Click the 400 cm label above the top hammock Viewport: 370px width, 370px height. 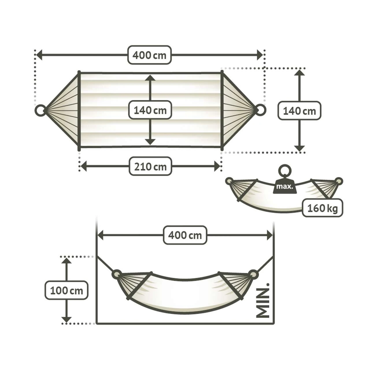[149, 55]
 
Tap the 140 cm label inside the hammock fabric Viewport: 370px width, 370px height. [150, 110]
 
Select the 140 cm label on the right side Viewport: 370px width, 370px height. [299, 111]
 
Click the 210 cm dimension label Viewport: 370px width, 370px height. [150, 166]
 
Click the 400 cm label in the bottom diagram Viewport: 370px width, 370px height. [185, 235]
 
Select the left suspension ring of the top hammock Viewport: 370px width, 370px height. [40, 110]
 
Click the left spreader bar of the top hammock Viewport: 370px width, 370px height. [79, 111]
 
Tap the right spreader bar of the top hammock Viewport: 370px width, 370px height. [222, 110]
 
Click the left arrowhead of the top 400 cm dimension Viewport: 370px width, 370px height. [39, 55]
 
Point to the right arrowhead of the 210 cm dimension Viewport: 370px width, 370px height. [217, 166]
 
